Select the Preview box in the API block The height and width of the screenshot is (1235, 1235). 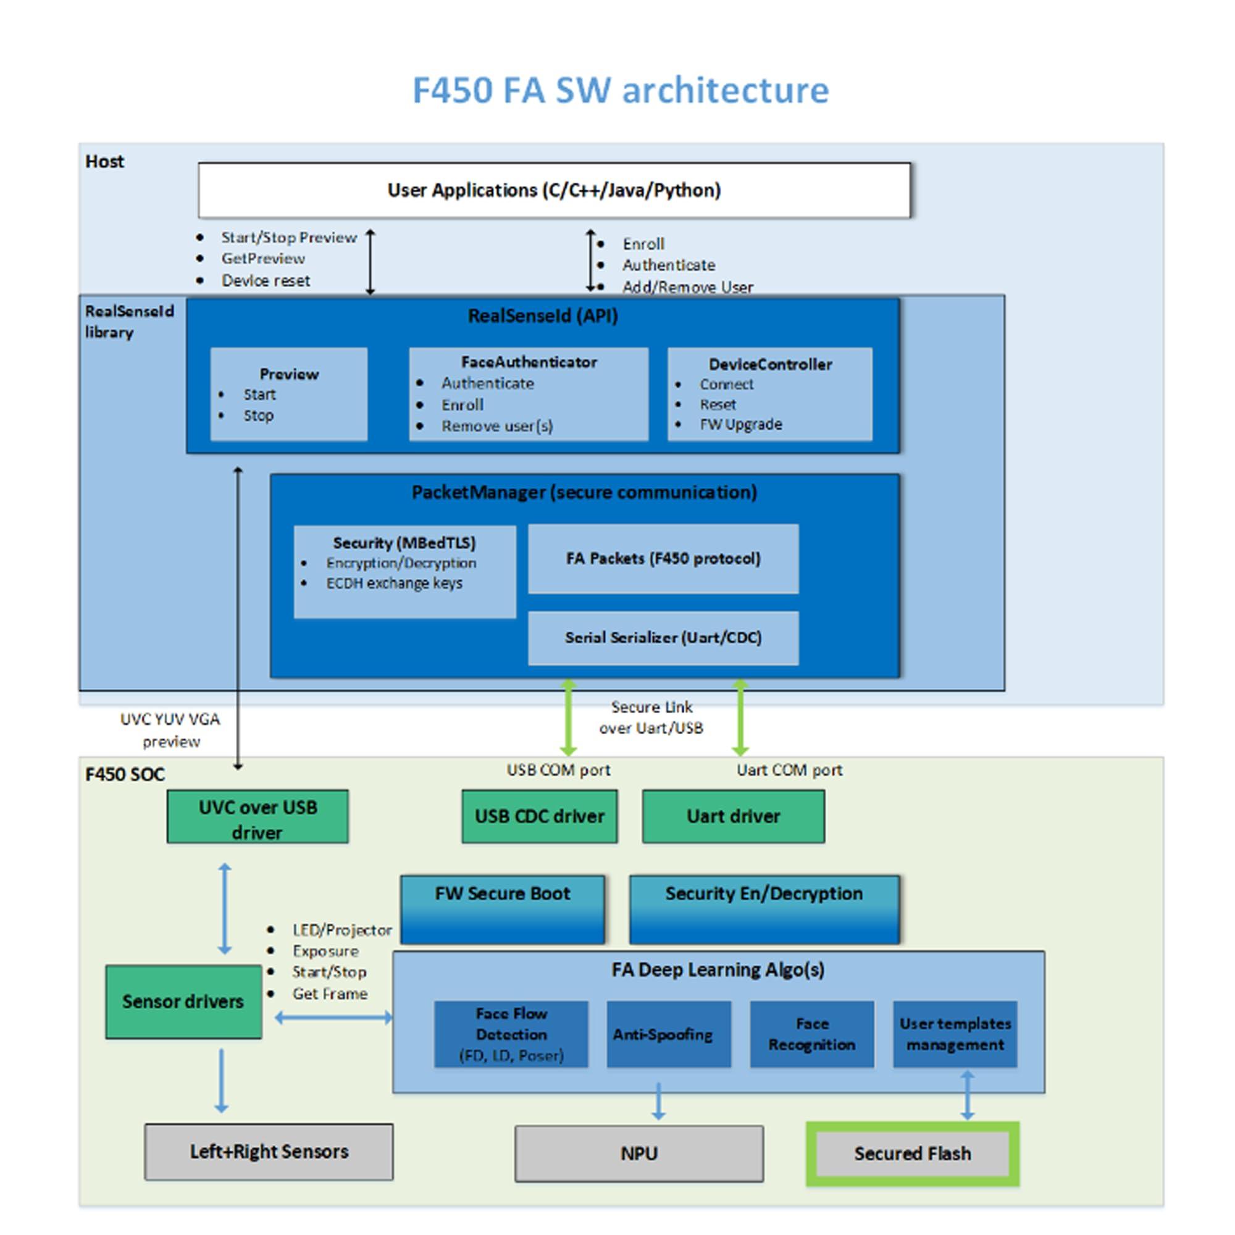coord(288,394)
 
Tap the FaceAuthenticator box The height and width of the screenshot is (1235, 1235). coord(528,394)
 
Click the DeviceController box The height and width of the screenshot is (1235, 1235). coord(769,394)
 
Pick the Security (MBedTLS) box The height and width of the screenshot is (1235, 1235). coord(404,571)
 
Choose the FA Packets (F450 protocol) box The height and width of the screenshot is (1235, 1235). coord(663,559)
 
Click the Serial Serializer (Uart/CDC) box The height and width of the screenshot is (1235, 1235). coord(663,637)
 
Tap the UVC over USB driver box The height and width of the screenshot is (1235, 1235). coord(257,816)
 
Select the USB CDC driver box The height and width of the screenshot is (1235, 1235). coord(539,816)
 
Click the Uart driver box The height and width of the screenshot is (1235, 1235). coord(732,816)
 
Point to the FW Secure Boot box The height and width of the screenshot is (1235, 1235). coord(502,909)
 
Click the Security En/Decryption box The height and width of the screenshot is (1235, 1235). coord(764,909)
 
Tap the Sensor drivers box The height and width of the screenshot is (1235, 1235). coord(183,1001)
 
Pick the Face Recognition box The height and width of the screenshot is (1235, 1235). coord(811,1034)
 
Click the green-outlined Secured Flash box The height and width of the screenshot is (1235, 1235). coord(912,1153)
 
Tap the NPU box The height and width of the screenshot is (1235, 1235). coord(638,1153)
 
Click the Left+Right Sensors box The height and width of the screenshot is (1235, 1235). coord(269,1151)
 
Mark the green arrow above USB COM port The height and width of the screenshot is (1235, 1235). coord(568,717)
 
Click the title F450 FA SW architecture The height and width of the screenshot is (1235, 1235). coord(620,90)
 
